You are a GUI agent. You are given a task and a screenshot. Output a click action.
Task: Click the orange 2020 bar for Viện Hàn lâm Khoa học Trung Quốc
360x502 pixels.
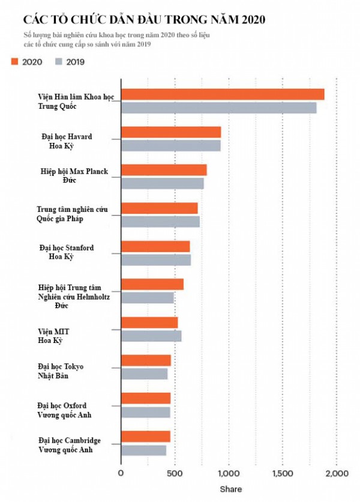point(223,94)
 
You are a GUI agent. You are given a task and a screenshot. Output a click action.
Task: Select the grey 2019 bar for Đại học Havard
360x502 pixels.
point(171,145)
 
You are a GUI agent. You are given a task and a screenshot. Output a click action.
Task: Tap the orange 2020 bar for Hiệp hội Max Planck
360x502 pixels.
point(164,170)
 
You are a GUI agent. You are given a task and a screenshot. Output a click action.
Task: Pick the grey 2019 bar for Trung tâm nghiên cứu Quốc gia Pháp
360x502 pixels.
point(160,222)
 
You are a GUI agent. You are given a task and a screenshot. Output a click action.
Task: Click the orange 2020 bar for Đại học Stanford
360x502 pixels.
point(155,246)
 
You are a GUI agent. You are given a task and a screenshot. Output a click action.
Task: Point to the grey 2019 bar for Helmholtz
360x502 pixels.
point(148,298)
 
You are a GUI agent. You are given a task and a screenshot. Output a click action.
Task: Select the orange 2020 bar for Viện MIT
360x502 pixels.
point(149,322)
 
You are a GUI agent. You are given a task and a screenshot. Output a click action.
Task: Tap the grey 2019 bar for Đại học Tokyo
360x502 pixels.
point(145,373)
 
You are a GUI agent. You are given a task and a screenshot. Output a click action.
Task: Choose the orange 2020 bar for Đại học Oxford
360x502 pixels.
point(146,398)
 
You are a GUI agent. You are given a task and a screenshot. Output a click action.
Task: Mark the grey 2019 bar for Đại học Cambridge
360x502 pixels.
point(144,450)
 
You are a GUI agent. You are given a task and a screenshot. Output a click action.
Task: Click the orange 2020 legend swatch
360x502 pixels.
point(14,61)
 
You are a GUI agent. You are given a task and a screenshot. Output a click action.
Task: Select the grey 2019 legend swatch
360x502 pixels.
point(58,61)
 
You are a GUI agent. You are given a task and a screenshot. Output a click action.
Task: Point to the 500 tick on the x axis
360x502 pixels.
point(175,473)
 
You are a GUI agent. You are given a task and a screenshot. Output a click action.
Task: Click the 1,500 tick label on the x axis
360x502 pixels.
point(282,473)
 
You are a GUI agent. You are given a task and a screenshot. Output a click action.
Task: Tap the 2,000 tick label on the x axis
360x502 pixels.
point(336,473)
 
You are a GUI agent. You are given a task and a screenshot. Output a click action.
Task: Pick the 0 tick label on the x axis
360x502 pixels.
point(121,473)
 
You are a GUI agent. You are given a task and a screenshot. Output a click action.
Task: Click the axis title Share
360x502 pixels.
point(230,489)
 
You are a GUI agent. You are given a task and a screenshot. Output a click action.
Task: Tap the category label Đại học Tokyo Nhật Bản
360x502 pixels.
point(61,371)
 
